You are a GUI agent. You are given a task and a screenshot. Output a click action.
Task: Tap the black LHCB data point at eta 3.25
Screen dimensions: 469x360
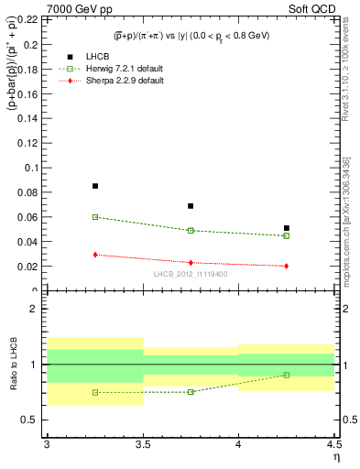click(x=95, y=186)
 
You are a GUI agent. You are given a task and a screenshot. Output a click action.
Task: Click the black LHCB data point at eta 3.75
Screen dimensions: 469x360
click(x=191, y=206)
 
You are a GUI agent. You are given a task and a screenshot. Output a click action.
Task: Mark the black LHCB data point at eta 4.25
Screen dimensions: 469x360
click(x=287, y=228)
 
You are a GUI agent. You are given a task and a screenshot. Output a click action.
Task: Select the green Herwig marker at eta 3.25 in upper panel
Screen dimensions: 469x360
click(x=95, y=217)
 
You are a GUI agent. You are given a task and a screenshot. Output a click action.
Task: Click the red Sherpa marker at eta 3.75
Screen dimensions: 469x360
click(x=191, y=263)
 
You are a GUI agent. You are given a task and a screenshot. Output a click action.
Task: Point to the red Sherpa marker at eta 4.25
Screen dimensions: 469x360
click(x=287, y=266)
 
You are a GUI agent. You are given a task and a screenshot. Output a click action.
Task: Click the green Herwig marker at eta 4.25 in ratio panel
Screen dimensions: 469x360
click(x=287, y=375)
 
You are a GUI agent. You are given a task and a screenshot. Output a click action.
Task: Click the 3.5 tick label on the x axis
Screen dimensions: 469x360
click(x=143, y=443)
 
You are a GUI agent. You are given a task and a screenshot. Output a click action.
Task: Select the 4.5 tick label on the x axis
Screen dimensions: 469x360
click(x=333, y=443)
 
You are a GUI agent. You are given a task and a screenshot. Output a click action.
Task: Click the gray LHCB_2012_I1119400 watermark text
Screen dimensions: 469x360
click(x=191, y=275)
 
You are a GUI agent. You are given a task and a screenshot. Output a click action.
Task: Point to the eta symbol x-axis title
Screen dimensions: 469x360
click(x=335, y=455)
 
